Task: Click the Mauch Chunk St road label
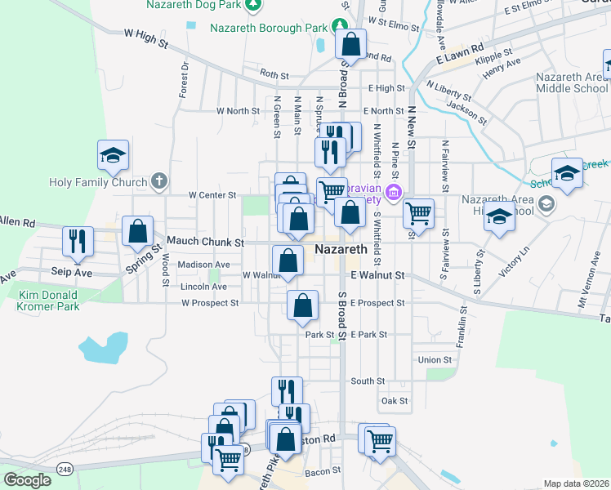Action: click(205, 243)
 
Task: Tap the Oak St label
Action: click(394, 401)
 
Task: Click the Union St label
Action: click(435, 360)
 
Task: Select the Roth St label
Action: click(270, 73)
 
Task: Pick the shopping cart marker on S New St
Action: click(418, 213)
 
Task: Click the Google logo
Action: click(27, 480)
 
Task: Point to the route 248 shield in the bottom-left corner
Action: click(65, 469)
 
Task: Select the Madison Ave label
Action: click(204, 265)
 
